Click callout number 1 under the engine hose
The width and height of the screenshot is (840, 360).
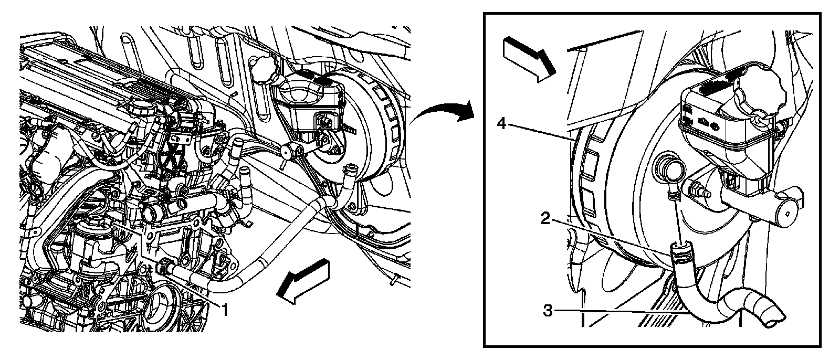tap(225, 310)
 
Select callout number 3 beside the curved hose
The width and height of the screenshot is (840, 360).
tap(548, 311)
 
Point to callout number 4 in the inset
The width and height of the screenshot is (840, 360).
tap(502, 123)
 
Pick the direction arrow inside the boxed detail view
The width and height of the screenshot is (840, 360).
tap(529, 59)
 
